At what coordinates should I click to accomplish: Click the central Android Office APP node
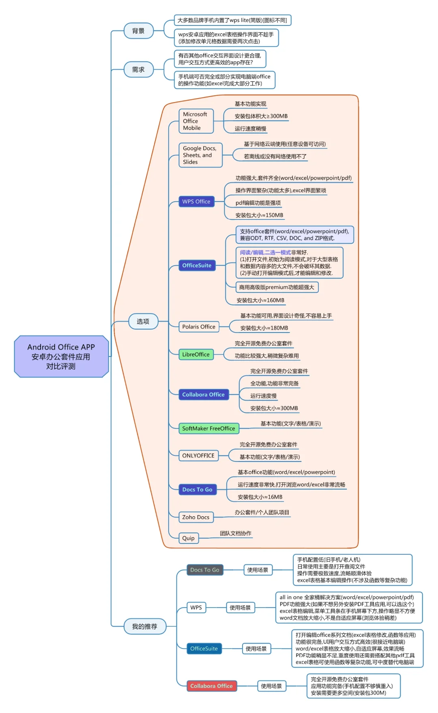(61, 356)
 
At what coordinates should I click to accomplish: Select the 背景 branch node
(138, 31)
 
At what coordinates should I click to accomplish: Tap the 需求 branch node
(138, 70)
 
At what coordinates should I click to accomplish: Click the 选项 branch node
(143, 321)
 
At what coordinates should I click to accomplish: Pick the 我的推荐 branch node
(144, 626)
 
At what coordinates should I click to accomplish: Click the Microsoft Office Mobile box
(196, 121)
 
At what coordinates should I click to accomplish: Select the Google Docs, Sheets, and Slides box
(200, 155)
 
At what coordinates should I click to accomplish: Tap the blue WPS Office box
(196, 202)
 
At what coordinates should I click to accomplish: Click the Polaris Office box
(199, 327)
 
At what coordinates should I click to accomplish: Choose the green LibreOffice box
(196, 354)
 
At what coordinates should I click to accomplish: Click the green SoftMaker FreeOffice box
(208, 428)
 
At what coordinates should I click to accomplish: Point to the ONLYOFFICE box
(198, 455)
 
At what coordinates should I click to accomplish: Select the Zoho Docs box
(196, 517)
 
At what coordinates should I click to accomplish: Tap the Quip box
(189, 538)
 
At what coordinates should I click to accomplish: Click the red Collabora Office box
(211, 686)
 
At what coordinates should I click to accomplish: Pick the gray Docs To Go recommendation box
(205, 570)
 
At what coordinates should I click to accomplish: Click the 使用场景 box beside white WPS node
(240, 608)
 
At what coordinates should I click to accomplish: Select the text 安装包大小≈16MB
(260, 497)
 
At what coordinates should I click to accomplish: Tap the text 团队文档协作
(236, 533)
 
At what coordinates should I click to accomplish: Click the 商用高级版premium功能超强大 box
(277, 287)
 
